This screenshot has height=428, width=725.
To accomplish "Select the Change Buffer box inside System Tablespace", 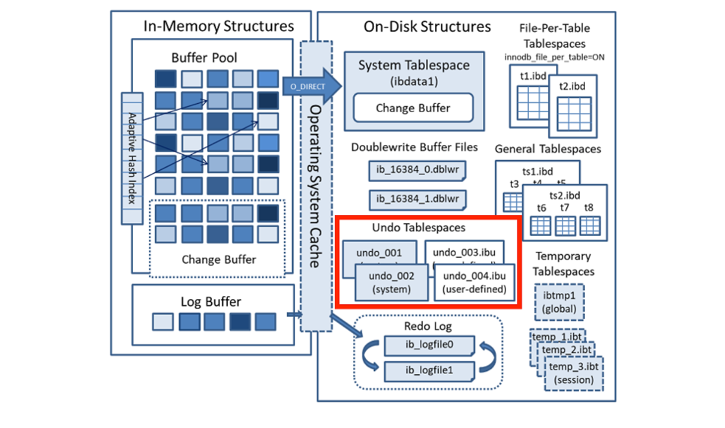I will click(x=413, y=108).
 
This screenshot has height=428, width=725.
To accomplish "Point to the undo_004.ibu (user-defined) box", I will click(x=475, y=283).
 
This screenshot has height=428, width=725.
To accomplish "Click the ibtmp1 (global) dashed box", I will click(x=558, y=302).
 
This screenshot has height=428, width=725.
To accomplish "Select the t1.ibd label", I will click(x=531, y=75).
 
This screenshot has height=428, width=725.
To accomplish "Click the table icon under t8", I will click(x=589, y=225).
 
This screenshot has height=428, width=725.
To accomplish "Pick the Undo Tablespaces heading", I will click(x=419, y=228).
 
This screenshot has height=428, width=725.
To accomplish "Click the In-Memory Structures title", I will click(x=218, y=27).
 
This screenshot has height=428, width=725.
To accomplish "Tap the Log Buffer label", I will click(x=211, y=301).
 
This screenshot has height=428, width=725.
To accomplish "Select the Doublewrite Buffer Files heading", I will click(x=414, y=147).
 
